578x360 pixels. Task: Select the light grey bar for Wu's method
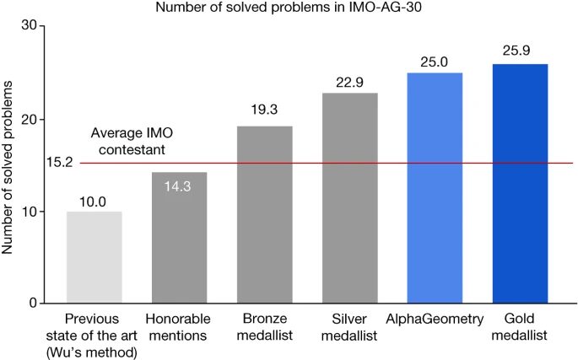click(95, 257)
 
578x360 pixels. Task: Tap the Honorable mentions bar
click(179, 240)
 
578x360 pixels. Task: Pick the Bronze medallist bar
click(264, 215)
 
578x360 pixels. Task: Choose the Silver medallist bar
click(349, 198)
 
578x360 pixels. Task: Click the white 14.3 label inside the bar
click(179, 185)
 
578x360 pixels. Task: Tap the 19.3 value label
click(264, 110)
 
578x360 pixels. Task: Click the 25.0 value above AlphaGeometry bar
click(435, 61)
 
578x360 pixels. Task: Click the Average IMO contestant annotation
click(127, 142)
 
